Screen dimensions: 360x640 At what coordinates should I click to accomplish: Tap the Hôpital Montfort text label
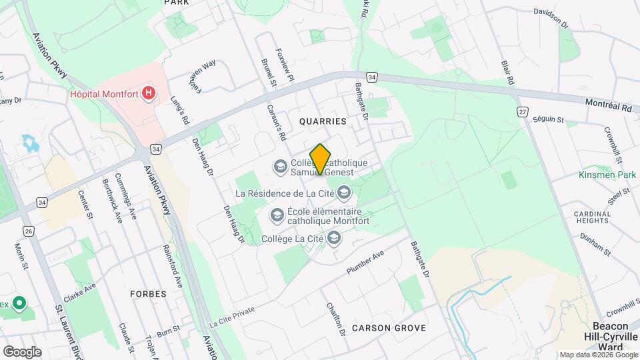105,94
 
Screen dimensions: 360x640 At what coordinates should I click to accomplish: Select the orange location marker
321,159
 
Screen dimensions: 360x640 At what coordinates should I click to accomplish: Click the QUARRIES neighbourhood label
323,121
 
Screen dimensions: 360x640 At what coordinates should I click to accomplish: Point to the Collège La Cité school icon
334,237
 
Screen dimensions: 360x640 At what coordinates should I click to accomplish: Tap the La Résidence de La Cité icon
344,193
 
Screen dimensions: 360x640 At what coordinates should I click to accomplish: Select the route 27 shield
522,110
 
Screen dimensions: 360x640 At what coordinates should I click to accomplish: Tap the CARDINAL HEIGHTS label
593,219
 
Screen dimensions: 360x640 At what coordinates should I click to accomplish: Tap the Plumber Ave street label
365,264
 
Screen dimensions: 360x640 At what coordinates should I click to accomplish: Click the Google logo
22,351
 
